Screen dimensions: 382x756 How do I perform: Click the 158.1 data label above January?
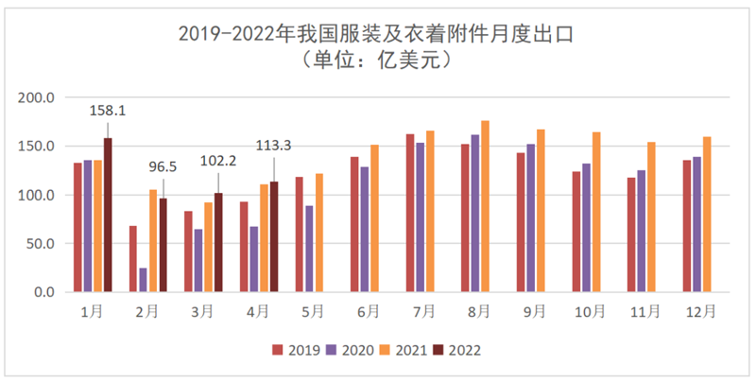coord(107,111)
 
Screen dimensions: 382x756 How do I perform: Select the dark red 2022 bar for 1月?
coord(108,216)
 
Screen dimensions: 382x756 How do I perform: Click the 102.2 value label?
coord(218,161)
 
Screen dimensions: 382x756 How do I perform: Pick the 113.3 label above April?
coord(274,146)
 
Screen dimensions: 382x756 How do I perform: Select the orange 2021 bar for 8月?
coord(486,206)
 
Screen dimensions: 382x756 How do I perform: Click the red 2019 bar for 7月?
coord(410,213)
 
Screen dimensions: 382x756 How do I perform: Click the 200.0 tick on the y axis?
coord(39,97)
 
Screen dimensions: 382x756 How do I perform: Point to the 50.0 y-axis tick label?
coord(43,243)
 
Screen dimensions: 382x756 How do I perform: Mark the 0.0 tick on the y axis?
coord(46,292)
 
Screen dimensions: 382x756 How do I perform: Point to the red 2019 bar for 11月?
coord(631,234)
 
